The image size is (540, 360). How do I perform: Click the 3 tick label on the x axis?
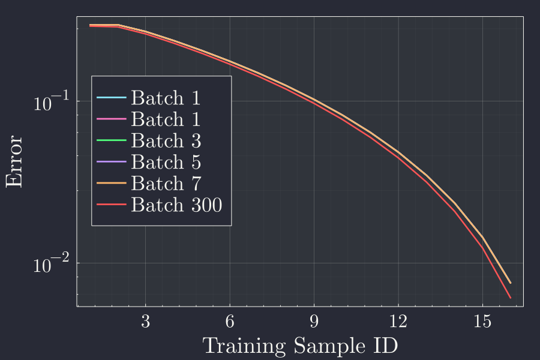[x=145, y=320]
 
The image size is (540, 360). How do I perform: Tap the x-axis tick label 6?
[x=230, y=320]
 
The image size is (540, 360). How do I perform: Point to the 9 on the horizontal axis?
[x=314, y=320]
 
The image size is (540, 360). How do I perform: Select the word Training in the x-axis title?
[x=244, y=346]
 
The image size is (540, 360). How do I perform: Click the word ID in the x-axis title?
[x=387, y=346]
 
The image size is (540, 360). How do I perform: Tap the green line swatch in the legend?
[x=111, y=140]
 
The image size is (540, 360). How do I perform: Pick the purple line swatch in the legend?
[x=111, y=162]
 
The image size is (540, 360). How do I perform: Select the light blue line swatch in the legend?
[x=111, y=98]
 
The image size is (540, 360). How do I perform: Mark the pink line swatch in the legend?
[x=111, y=119]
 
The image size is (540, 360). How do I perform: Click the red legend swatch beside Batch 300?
[x=111, y=205]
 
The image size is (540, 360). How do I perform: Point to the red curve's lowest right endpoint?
[x=511, y=298]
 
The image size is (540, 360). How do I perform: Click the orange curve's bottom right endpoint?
[x=511, y=283]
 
